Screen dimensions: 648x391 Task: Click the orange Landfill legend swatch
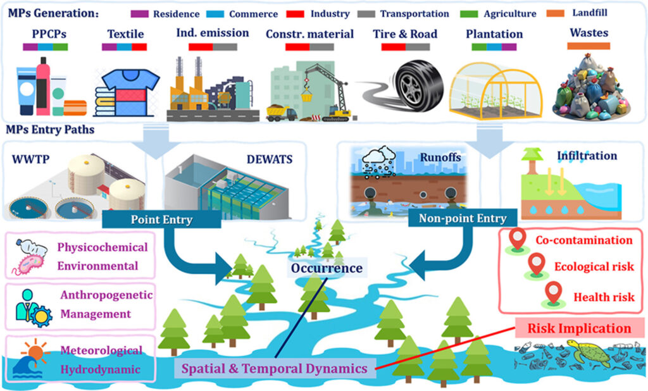point(556,13)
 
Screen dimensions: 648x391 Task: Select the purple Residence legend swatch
point(139,14)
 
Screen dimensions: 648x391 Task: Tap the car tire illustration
point(419,85)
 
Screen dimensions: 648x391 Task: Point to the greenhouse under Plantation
point(495,91)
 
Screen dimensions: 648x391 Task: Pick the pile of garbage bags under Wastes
point(592,87)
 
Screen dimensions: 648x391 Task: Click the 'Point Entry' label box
point(161,219)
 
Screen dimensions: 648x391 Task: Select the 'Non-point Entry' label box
point(463,218)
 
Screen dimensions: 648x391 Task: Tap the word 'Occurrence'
point(327,268)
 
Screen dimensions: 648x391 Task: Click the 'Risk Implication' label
point(580,328)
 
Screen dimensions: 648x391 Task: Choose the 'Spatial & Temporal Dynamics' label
point(275,368)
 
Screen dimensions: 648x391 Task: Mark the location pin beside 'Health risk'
point(554,294)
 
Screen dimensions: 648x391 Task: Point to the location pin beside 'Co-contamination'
point(518,240)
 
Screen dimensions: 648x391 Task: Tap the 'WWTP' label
point(30,159)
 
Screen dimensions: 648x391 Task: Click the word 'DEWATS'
point(270,159)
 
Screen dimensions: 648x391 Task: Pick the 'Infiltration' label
point(587,156)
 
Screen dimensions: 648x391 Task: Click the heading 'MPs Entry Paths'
point(50,130)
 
